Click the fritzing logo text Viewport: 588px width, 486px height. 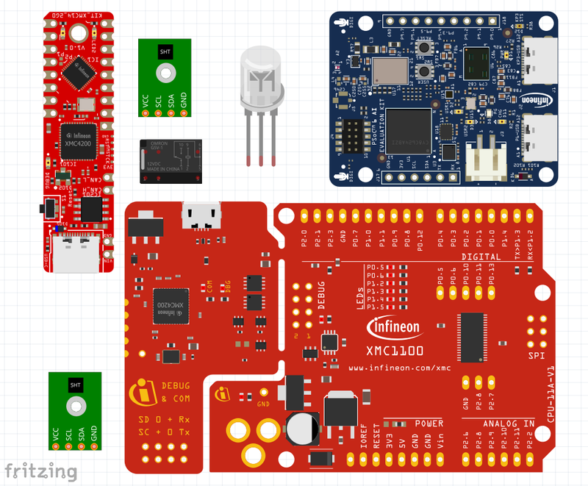pos(41,471)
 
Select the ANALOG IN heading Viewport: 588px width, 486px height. pos(509,424)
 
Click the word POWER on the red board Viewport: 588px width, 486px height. pos(429,424)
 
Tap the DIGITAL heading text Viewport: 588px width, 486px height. pos(481,257)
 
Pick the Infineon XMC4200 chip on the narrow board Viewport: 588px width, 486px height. pos(80,140)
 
